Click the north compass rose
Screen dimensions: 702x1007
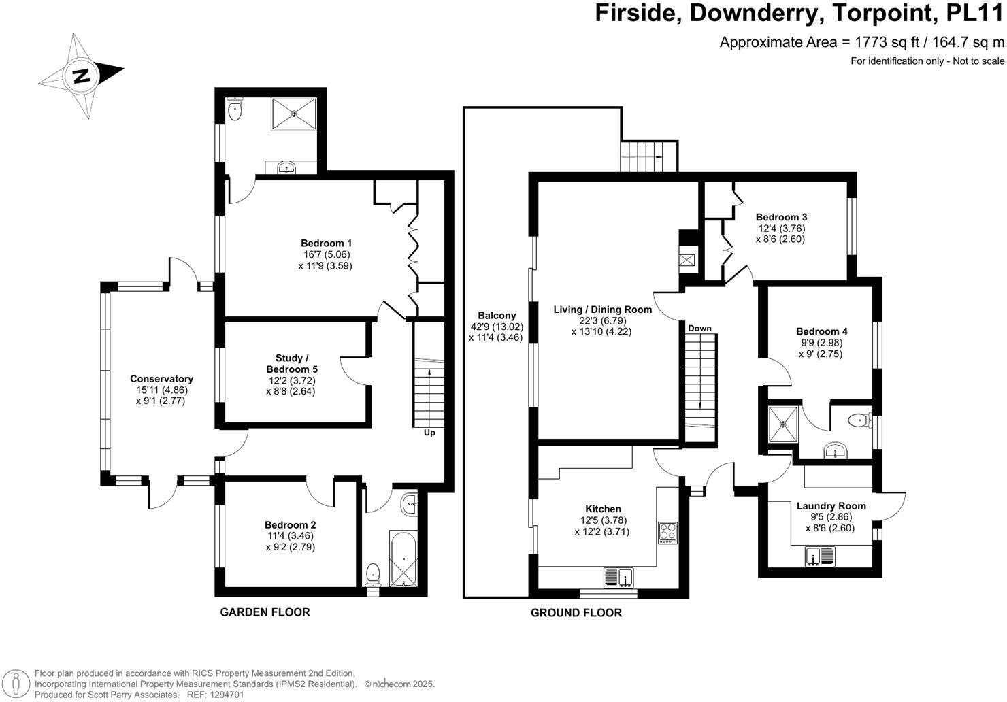tap(82, 75)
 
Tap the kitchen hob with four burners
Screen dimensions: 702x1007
tap(667, 531)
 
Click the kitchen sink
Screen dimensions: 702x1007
tap(618, 578)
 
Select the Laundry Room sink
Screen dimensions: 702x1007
tap(820, 556)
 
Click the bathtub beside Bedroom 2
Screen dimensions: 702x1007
tap(399, 558)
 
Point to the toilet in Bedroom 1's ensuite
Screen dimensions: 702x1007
tap(235, 110)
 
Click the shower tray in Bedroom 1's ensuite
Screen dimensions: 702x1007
tap(294, 114)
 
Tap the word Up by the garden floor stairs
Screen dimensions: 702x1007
tap(429, 433)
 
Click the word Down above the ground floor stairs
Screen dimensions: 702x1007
tap(699, 328)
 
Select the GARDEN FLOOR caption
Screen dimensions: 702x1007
tap(265, 612)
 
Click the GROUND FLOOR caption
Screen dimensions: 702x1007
tap(576, 613)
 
